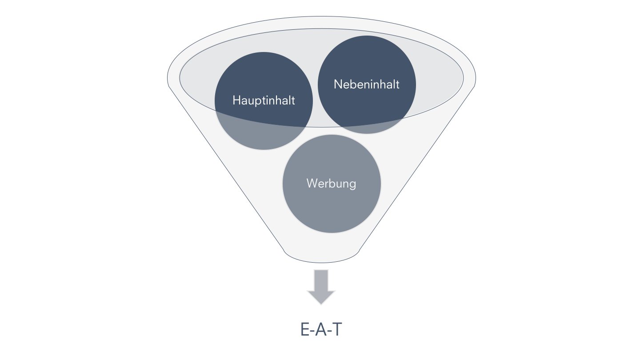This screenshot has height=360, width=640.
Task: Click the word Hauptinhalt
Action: click(264, 100)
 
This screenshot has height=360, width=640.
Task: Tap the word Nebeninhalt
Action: click(367, 84)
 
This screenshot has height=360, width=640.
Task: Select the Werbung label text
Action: click(331, 183)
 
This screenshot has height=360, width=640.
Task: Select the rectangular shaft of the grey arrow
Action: click(321, 279)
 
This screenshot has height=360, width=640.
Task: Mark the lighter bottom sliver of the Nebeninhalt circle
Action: click(367, 129)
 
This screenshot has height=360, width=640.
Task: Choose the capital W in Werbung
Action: click(312, 183)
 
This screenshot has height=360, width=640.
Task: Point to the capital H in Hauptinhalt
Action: click(236, 100)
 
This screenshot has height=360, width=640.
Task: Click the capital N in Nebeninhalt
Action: click(338, 84)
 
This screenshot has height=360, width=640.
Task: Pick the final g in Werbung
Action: click(352, 184)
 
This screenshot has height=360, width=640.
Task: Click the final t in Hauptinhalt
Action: click(293, 100)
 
